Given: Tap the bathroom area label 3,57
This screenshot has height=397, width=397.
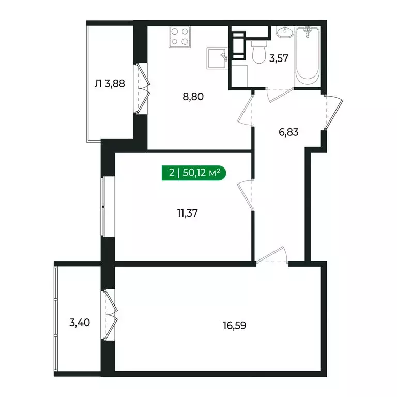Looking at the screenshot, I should [x=279, y=58].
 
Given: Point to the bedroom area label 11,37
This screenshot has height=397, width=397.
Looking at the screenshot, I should [x=188, y=211].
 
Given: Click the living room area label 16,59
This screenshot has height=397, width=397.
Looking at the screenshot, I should [x=234, y=326].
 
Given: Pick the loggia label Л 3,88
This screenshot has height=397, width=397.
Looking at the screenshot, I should [x=110, y=83].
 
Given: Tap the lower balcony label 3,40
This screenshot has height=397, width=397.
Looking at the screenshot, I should [x=79, y=324].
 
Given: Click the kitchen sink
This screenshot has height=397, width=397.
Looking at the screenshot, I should [x=218, y=58].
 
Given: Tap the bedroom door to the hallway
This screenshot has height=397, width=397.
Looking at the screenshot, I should [x=245, y=195].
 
